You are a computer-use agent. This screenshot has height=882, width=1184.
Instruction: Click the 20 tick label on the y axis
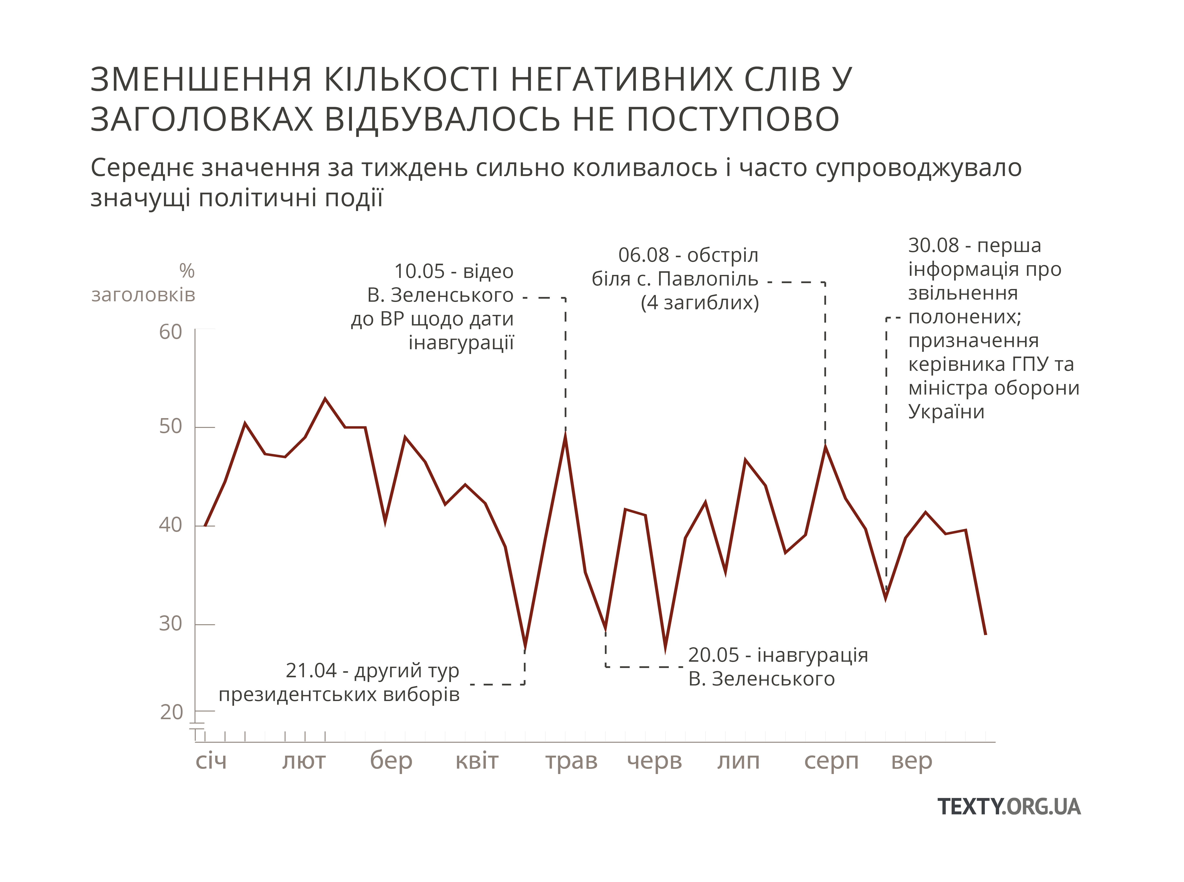(171, 712)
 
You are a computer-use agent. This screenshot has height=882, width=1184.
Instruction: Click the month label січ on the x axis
(211, 761)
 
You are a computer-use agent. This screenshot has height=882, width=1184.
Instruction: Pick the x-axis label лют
(303, 761)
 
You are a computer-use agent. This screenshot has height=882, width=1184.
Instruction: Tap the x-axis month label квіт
(476, 761)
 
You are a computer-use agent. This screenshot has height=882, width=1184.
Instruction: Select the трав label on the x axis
(571, 761)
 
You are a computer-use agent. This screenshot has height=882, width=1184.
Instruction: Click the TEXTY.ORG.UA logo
(1009, 806)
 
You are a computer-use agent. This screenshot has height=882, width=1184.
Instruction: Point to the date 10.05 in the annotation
(419, 271)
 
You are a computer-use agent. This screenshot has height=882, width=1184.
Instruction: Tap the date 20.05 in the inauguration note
(714, 655)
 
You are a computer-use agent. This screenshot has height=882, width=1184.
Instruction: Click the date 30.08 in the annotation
(934, 246)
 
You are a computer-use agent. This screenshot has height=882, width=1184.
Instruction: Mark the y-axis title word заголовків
(143, 295)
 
